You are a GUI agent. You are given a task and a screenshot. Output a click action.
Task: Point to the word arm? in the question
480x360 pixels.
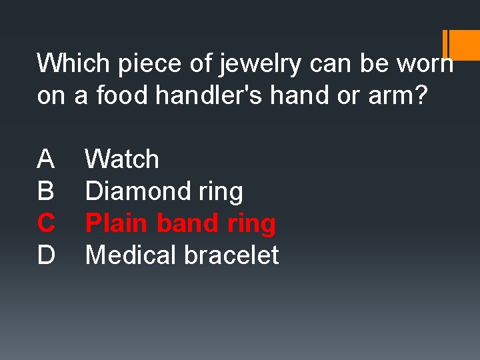[x=403, y=95]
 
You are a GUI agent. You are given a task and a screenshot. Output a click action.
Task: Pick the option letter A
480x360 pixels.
[x=46, y=159]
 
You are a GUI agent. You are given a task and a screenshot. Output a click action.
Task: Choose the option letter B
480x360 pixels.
[x=46, y=191]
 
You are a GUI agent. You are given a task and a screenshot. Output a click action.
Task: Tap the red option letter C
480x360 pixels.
[x=46, y=223]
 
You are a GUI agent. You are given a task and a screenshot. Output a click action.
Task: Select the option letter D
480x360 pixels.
[x=46, y=255]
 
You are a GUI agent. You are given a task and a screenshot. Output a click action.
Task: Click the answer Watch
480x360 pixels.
[x=123, y=159]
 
